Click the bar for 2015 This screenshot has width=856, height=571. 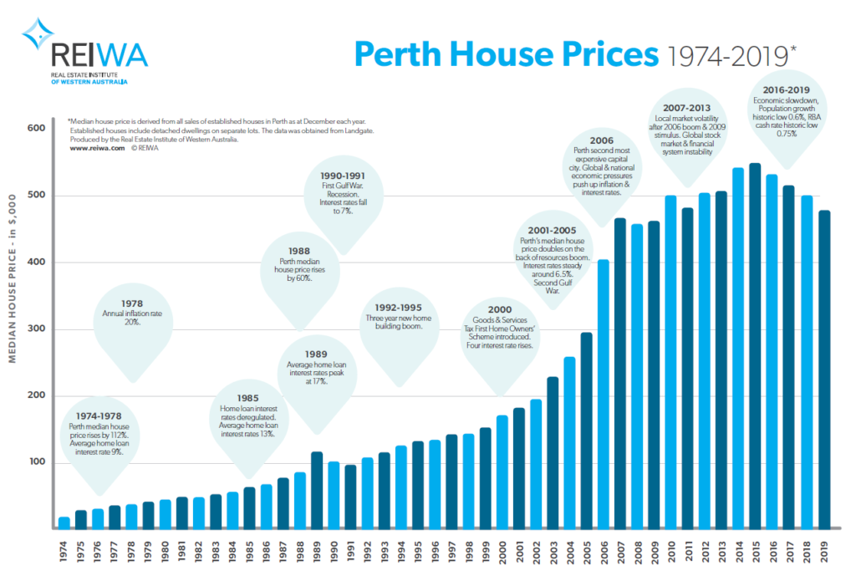click(755, 346)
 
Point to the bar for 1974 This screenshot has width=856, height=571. click(64, 523)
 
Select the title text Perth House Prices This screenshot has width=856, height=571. click(506, 54)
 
